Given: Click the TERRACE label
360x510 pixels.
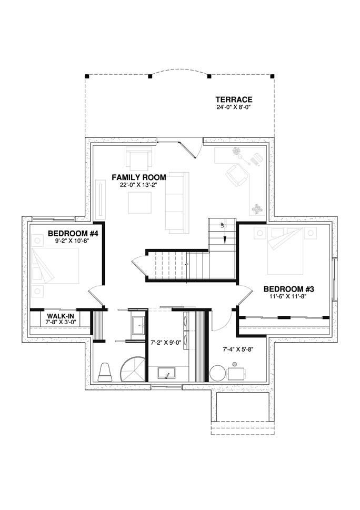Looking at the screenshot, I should [234, 99].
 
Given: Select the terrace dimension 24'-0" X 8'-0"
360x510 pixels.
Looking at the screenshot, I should [234, 107].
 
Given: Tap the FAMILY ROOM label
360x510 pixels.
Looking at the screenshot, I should [139, 177].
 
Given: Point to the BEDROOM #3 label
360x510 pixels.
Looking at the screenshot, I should [289, 289].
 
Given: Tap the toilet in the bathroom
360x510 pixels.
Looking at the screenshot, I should [105, 371].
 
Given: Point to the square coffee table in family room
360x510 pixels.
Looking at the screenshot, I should [140, 203].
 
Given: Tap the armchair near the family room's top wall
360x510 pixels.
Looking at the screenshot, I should [138, 158].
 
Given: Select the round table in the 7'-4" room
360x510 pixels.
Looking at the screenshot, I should [217, 373].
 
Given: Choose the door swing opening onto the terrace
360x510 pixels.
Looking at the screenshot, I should [189, 147].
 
